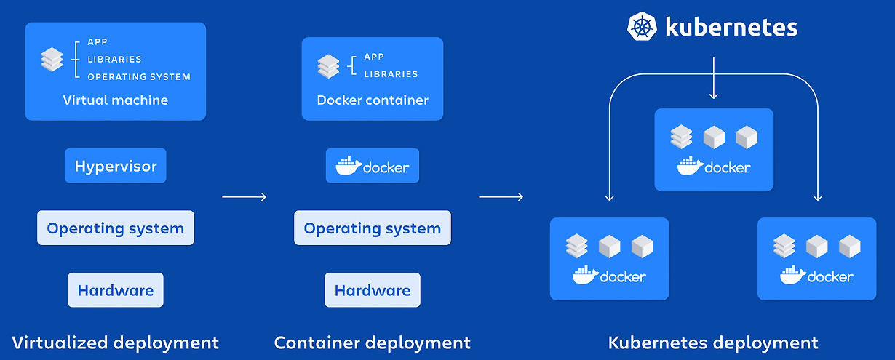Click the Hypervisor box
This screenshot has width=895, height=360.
click(x=116, y=166)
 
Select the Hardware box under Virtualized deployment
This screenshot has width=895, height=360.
click(x=116, y=290)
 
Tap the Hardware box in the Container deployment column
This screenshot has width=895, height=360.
click(x=373, y=290)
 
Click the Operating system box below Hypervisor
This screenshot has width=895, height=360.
click(x=116, y=228)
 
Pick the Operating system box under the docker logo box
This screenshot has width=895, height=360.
click(x=373, y=228)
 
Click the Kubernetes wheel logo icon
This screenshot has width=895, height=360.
click(x=642, y=27)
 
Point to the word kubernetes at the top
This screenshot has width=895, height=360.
click(x=731, y=28)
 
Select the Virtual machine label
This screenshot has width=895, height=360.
click(x=116, y=100)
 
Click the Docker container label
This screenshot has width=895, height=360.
click(x=373, y=100)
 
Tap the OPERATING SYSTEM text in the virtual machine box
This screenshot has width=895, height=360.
click(x=139, y=76)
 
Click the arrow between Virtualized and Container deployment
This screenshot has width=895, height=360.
click(x=244, y=196)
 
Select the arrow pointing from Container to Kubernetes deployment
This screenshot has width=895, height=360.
click(x=501, y=196)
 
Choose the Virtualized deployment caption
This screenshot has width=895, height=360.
click(x=116, y=342)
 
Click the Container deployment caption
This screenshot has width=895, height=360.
click(x=373, y=342)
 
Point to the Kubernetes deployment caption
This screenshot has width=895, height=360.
click(x=713, y=342)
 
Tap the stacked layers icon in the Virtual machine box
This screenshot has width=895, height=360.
click(x=52, y=59)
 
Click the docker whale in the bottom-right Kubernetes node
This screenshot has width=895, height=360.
click(x=791, y=276)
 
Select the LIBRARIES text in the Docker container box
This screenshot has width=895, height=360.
click(x=391, y=74)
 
